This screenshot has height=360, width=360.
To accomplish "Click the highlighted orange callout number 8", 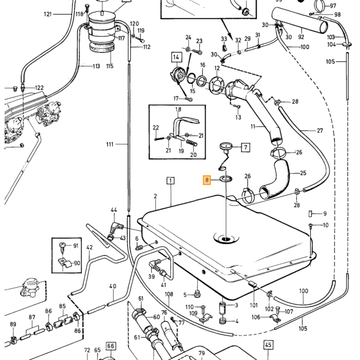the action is coord(207,180).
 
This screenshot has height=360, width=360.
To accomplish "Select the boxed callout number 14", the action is coord(176,57).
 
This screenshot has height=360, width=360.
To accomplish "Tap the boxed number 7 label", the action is coord(245,147).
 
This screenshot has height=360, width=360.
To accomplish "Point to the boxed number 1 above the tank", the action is coord(170,181).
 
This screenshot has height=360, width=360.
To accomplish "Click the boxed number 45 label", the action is coord(268,345).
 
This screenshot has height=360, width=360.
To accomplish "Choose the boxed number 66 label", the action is coord(111,346).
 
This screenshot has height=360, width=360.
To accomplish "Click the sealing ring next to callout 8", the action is coord(226,179).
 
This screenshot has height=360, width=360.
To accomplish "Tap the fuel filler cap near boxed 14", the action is coord(177,74).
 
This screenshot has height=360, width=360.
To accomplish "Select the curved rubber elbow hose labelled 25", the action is coord(275,178).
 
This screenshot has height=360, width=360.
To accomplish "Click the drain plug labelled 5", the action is coord(197,294).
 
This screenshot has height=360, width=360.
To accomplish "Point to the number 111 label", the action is coord(110,144).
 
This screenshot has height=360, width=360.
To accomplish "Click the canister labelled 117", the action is coord(102,32).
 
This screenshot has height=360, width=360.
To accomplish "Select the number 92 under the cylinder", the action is coord(301,37).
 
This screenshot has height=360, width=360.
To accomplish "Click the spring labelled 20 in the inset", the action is coord(191,142).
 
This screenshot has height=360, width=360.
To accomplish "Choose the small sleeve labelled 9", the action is coord(311,213).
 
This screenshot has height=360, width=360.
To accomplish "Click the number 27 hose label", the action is coord(320,131).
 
